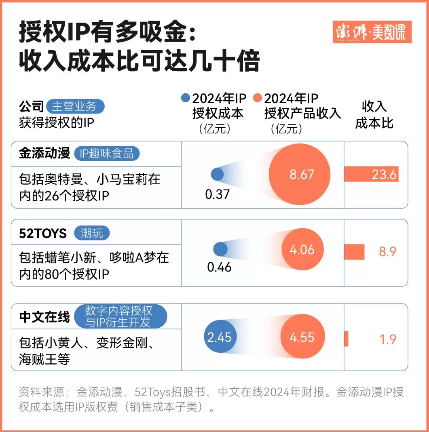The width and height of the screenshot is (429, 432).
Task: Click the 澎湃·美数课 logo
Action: point(372,32)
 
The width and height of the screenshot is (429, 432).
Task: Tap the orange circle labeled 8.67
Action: point(302,174)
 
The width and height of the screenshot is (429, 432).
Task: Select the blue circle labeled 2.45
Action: point(219,337)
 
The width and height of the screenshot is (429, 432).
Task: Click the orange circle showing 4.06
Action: point(302,250)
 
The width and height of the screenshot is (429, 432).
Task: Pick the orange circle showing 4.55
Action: point(302,337)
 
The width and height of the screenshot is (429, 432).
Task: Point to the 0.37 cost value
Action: point(218,194)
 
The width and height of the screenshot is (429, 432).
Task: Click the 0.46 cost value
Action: point(220,267)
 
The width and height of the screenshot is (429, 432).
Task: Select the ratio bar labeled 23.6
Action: point(371,174)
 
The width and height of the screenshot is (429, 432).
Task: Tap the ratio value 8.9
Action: point(387,252)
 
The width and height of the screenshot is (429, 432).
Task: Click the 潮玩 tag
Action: point(92,233)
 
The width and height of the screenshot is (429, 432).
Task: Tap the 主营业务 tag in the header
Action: point(75,107)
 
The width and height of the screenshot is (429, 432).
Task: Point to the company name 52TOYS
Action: point(43,233)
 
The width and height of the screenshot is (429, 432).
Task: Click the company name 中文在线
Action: point(44,317)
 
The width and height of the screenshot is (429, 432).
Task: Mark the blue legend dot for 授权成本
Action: point(186,98)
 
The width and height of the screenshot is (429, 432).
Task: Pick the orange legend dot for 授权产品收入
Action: point(258,98)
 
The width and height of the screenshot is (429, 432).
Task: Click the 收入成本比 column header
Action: point(374,115)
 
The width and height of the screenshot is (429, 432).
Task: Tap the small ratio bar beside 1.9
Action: point(346,339)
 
